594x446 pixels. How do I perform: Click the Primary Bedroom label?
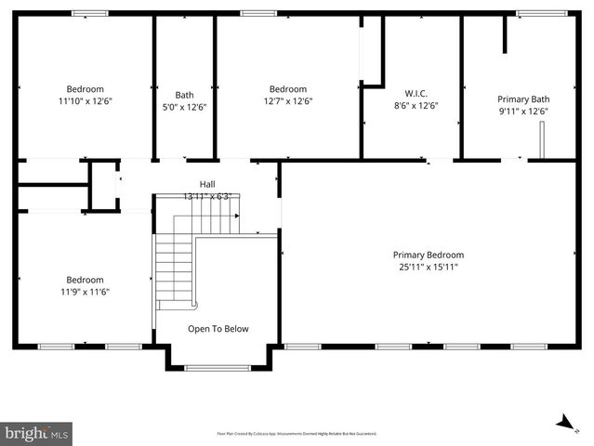(428, 255)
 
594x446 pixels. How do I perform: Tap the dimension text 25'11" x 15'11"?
(428, 268)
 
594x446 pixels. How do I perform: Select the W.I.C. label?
(416, 93)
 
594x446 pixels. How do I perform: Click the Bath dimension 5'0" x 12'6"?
(184, 107)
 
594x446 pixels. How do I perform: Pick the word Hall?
(206, 184)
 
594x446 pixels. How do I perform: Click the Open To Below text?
(218, 329)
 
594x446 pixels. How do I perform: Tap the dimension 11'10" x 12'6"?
(85, 101)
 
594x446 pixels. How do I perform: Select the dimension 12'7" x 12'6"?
(288, 101)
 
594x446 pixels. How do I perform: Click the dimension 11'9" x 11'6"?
(85, 292)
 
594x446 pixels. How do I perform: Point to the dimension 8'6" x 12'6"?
(416, 106)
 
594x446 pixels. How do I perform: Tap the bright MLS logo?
(37, 433)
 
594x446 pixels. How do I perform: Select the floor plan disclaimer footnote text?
(297, 433)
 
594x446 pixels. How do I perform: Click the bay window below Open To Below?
(218, 368)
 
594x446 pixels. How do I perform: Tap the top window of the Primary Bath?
(535, 13)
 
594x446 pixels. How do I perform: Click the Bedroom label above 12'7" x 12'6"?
(288, 89)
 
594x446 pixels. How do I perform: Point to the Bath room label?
(184, 95)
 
